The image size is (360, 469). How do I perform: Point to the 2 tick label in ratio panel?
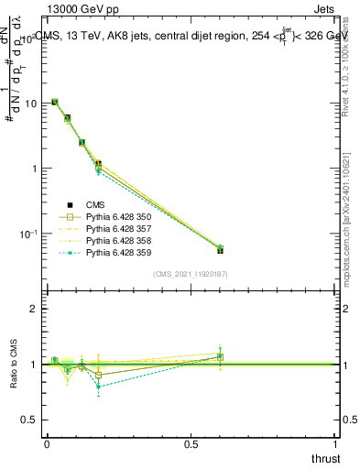coord(33,309)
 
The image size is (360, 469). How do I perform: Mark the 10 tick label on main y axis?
coord(30,104)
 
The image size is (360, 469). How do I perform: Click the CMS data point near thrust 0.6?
coord(220,249)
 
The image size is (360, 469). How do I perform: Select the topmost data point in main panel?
coord(55,102)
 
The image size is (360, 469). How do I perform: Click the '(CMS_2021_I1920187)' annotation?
coord(191,274)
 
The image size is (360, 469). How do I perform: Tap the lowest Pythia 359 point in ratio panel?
coord(98,387)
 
